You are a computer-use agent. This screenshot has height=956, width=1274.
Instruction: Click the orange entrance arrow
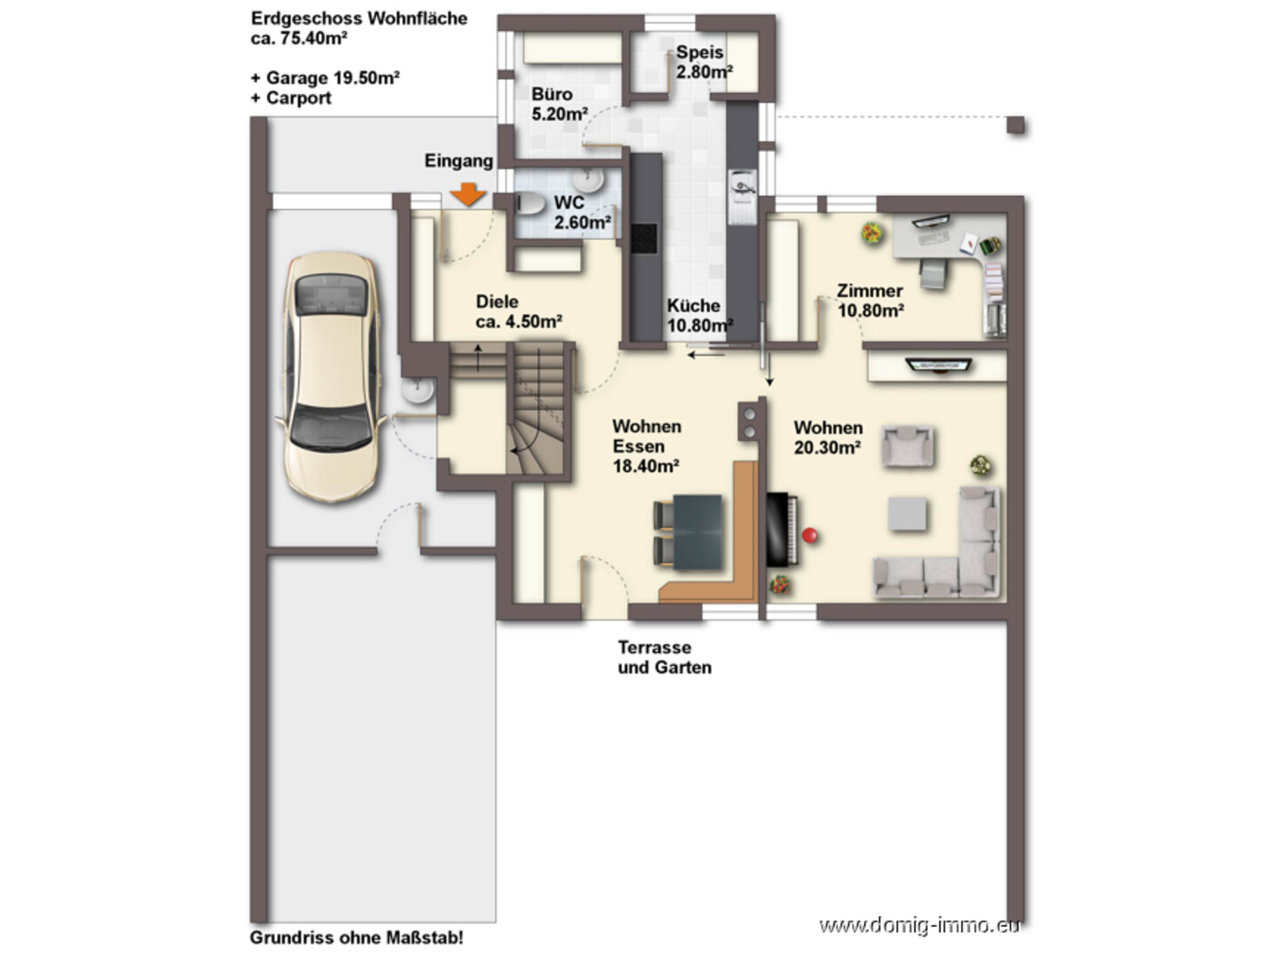[x=468, y=194]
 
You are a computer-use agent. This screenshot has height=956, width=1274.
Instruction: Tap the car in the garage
[x=332, y=376]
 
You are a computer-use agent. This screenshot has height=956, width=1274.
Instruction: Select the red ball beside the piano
[x=810, y=534]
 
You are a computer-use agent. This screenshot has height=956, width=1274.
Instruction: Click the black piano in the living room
[x=782, y=529]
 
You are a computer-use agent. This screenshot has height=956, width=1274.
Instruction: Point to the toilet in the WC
[x=530, y=203]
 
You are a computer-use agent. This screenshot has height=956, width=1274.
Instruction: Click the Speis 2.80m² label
[x=704, y=62]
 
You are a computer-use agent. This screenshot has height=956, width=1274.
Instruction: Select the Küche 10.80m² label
[x=699, y=315]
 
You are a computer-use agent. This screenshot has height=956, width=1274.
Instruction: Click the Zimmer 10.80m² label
[x=870, y=301]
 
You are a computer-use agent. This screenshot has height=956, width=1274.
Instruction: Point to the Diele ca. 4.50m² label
[x=518, y=311]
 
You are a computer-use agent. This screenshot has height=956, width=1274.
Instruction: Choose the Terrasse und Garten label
[x=665, y=657]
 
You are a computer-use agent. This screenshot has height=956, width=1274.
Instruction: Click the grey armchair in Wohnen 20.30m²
[x=908, y=446]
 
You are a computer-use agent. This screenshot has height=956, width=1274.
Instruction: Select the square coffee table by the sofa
[x=908, y=514]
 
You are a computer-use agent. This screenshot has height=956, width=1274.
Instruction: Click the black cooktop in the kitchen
[x=644, y=239]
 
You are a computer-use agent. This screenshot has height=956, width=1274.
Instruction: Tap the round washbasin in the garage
[x=418, y=390]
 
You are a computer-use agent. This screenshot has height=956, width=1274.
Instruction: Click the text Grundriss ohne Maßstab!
[x=357, y=937]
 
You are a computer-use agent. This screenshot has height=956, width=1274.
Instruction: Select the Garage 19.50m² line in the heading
[x=325, y=78]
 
